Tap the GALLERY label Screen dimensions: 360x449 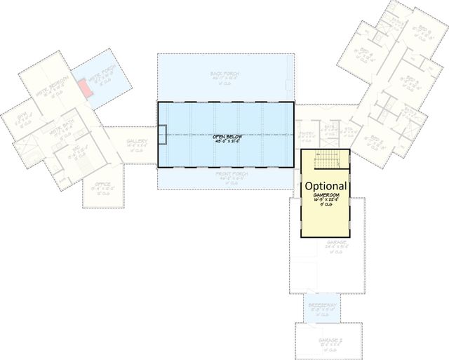(136, 142)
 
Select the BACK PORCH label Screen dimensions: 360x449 (224, 73)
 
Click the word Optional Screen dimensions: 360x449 (326, 185)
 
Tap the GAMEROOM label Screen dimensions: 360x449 (327, 194)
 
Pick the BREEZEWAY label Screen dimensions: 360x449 (321, 305)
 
